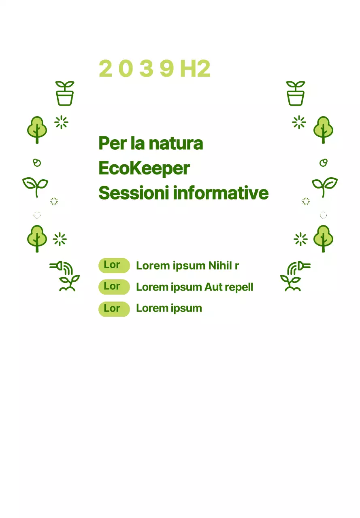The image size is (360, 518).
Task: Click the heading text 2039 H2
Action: click(x=154, y=69)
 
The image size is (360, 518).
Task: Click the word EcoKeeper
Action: click(x=144, y=168)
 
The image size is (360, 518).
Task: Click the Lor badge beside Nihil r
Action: click(x=114, y=265)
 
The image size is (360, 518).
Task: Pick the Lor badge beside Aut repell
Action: click(x=114, y=287)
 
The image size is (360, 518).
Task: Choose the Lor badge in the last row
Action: click(x=114, y=309)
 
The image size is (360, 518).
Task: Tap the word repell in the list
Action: click(x=239, y=287)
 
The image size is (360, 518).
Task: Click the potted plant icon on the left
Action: click(x=65, y=93)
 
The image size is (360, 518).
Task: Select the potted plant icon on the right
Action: click(x=296, y=93)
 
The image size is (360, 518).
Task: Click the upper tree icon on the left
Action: click(x=37, y=129)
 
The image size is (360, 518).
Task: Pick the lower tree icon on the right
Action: click(x=323, y=238)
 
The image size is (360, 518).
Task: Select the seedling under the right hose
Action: click(x=291, y=283)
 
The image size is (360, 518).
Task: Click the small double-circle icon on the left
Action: click(x=37, y=163)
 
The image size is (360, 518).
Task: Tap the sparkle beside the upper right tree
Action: click(x=299, y=122)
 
